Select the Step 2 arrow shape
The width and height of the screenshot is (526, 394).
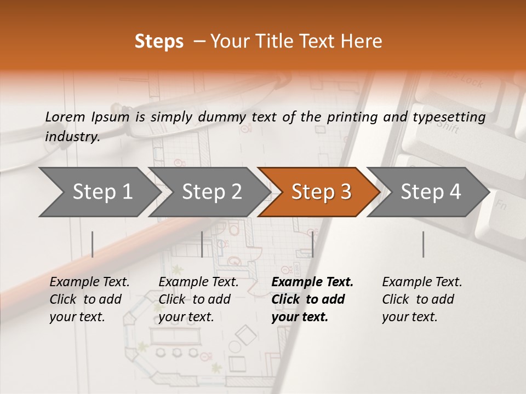click(x=211, y=192)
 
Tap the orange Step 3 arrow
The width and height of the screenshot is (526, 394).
click(x=321, y=192)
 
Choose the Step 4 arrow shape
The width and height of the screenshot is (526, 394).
click(x=430, y=192)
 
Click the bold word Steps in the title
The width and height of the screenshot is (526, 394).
click(x=159, y=42)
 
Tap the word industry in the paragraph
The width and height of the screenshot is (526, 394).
click(x=72, y=137)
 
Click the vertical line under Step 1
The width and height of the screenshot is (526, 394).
click(x=92, y=244)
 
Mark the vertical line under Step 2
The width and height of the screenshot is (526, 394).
click(x=202, y=244)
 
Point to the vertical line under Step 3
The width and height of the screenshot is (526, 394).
click(x=312, y=244)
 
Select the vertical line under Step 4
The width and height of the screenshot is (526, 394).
click(x=423, y=244)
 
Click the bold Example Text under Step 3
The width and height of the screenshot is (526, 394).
click(x=312, y=282)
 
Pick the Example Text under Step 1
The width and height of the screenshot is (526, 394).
click(x=89, y=282)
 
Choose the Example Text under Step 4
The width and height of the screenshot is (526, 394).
click(x=422, y=282)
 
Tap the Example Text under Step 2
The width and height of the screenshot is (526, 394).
click(x=198, y=282)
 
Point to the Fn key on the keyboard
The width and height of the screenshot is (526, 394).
click(x=500, y=206)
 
